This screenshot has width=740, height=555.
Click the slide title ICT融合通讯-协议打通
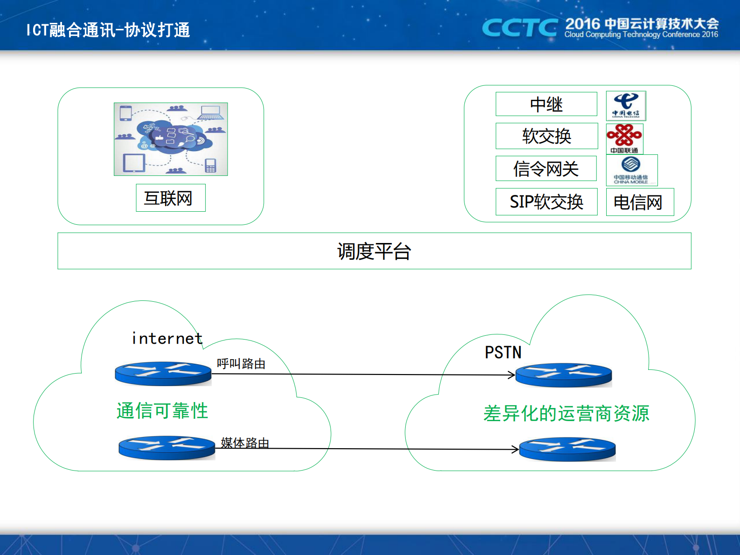tap(108, 30)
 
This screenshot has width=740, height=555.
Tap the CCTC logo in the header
tap(519, 28)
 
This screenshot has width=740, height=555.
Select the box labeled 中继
tap(546, 104)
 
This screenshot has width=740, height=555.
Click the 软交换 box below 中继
tap(546, 136)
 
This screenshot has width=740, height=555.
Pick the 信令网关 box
tap(546, 168)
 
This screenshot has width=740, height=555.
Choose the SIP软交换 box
tap(546, 201)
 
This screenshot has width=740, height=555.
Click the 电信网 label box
tap(639, 202)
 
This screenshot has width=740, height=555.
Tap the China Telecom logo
tap(626, 106)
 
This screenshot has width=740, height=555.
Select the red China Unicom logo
tap(624, 138)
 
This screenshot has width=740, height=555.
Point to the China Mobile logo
tap(631, 170)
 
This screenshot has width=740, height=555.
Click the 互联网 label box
tap(170, 198)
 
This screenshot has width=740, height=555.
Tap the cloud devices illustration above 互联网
tap(171, 139)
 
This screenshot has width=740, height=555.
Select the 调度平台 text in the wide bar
tap(374, 251)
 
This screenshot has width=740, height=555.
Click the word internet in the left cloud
tap(167, 338)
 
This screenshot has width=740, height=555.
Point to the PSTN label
tap(503, 352)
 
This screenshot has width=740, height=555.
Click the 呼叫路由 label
tap(241, 363)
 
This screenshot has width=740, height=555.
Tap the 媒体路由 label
tap(245, 442)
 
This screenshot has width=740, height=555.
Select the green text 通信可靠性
tap(162, 411)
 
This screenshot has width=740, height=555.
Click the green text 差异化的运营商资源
tap(566, 413)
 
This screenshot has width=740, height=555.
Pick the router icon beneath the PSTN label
tap(563, 375)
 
